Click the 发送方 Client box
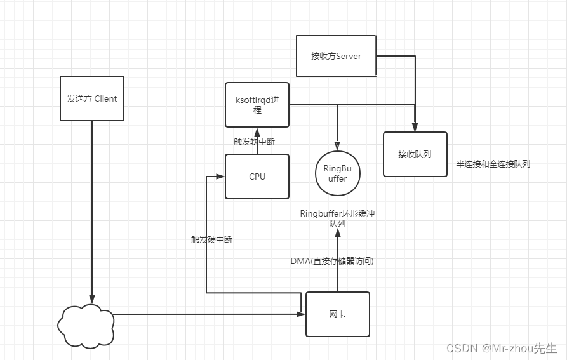coord(92,98)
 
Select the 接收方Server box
coord(336,57)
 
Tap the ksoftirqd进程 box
coord(257,105)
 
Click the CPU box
coord(257,177)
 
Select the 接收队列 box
coord(415,154)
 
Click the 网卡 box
coord(337,314)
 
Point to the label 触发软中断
coord(254,142)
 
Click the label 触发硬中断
coord(211,239)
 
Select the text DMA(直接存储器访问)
coord(332,260)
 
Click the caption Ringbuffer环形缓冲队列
coord(337,218)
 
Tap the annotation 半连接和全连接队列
coord(493,164)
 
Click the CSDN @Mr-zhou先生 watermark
coord(501,348)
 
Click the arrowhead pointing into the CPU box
coord(222,177)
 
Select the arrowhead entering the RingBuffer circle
coord(337,145)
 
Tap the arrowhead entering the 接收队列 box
coord(415,128)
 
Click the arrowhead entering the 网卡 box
coord(302,314)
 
